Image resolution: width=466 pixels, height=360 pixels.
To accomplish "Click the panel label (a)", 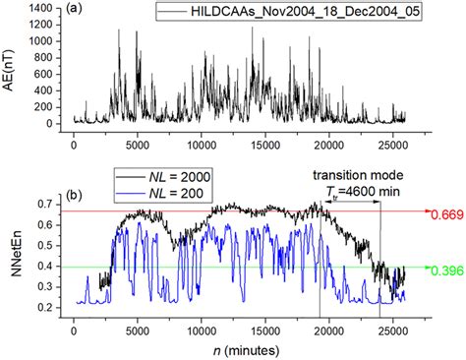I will point(75,11).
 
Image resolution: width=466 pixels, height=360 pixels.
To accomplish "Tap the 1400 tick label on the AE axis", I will point(39,8).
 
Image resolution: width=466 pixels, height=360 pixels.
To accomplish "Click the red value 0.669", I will point(445,212).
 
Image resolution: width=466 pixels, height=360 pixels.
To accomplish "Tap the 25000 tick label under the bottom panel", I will point(391,330).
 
